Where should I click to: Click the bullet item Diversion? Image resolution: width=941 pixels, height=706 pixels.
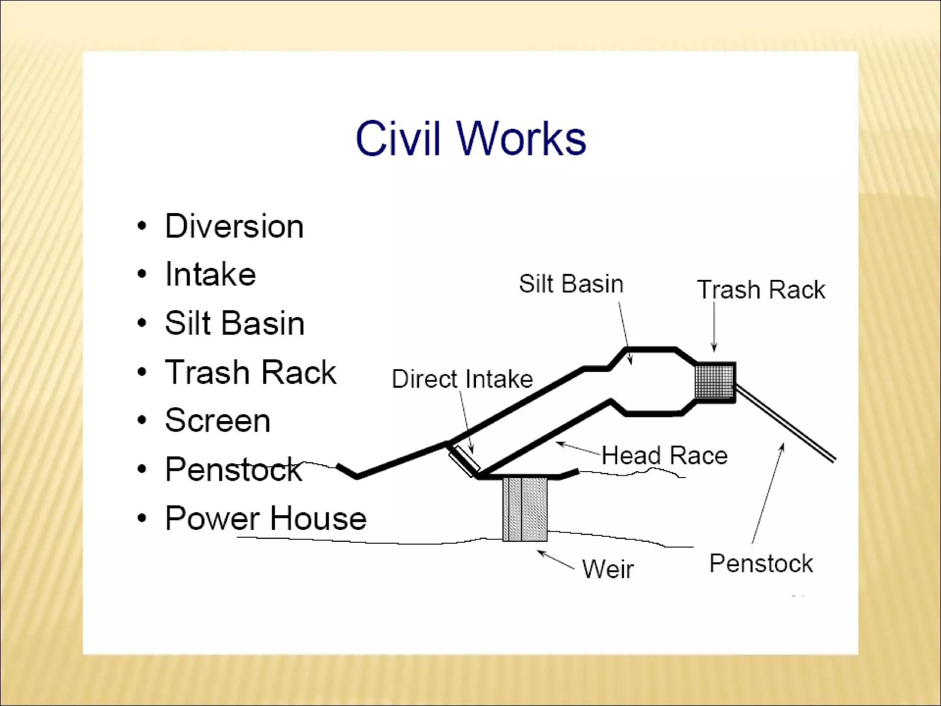pyautogui.click(x=234, y=226)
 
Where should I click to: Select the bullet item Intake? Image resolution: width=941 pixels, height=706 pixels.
pyautogui.click(x=210, y=274)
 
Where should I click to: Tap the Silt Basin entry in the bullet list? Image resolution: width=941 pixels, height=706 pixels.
pyautogui.click(x=234, y=323)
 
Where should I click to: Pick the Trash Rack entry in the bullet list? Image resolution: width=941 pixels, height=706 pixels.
pyautogui.click(x=250, y=372)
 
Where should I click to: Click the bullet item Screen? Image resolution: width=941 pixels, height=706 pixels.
pyautogui.click(x=217, y=420)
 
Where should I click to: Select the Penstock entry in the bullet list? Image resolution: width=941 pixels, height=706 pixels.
pyautogui.click(x=233, y=469)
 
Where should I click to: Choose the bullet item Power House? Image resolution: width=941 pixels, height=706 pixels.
pyautogui.click(x=266, y=518)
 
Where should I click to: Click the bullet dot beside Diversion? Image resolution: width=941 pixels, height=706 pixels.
pyautogui.click(x=142, y=226)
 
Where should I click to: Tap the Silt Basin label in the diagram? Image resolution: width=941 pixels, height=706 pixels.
pyautogui.click(x=571, y=284)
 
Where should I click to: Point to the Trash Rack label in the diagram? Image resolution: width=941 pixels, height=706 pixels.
pyautogui.click(x=761, y=290)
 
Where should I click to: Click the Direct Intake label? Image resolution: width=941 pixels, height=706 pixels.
pyautogui.click(x=462, y=379)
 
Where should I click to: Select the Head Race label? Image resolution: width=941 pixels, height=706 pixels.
pyautogui.click(x=664, y=455)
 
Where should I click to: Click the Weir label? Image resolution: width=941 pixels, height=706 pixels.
pyautogui.click(x=608, y=569)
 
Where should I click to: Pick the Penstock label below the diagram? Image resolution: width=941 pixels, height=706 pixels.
pyautogui.click(x=761, y=564)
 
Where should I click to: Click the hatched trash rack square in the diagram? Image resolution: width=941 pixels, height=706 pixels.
pyautogui.click(x=715, y=381)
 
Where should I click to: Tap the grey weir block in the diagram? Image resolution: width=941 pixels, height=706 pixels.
pyautogui.click(x=525, y=509)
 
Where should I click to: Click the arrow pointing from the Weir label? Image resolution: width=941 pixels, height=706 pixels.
pyautogui.click(x=556, y=560)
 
